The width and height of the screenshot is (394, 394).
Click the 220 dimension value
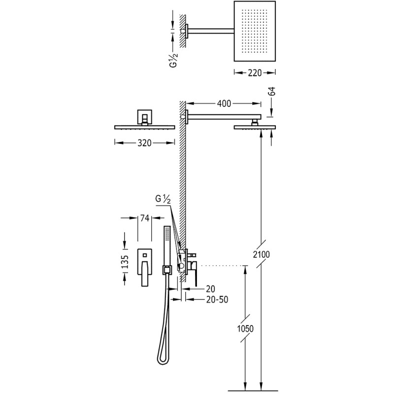[255, 73]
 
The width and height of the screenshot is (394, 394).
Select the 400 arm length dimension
[224, 103]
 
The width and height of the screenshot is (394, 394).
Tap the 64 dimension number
[272, 91]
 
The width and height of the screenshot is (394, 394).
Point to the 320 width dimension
[144, 143]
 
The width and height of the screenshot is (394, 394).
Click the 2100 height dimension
[262, 255]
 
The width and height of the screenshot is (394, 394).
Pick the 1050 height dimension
[245, 328]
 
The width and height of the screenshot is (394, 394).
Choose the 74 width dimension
[145, 218]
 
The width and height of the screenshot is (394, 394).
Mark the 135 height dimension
[125, 262]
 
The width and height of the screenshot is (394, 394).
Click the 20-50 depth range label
[217, 299]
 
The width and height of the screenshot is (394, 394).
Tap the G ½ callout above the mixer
[163, 199]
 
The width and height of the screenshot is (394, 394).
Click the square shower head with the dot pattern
[255, 31]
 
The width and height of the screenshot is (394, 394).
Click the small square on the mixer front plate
[144, 255]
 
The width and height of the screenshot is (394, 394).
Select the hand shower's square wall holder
[166, 270]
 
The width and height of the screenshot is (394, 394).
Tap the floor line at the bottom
[250, 391]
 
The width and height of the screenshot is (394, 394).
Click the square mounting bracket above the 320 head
[144, 117]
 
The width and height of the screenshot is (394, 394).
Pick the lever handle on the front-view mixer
[144, 274]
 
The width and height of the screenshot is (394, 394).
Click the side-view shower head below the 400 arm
[255, 128]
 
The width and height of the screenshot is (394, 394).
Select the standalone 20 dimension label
[211, 289]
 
